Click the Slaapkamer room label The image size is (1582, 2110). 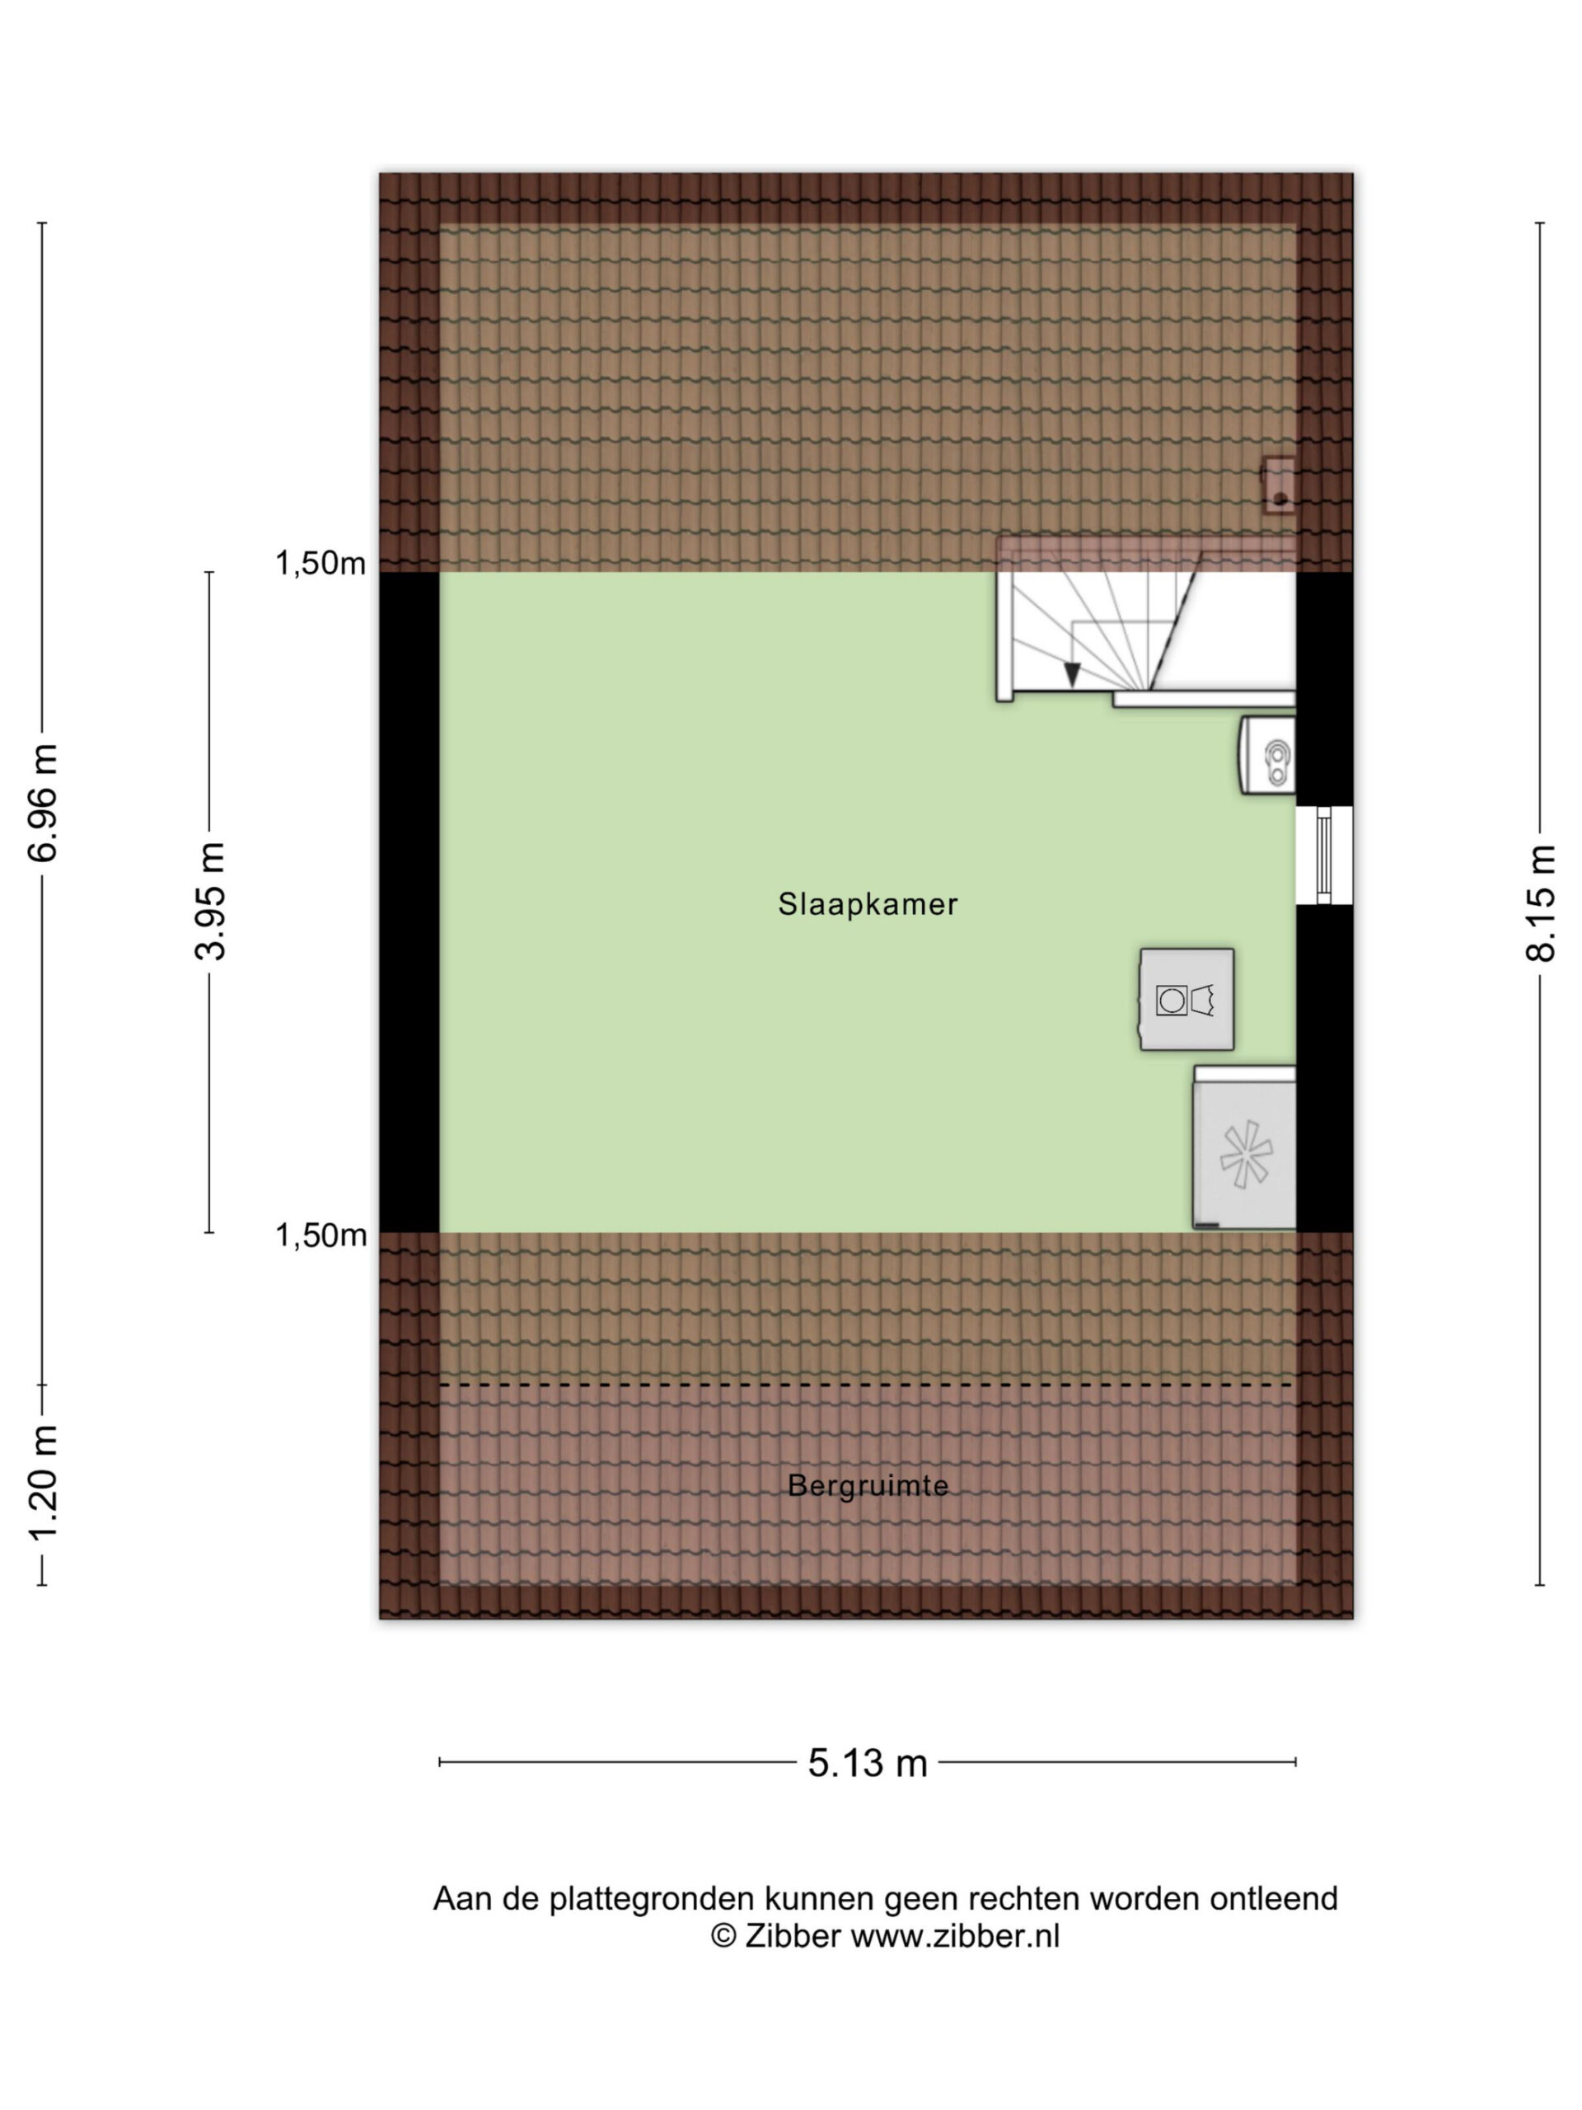(867, 903)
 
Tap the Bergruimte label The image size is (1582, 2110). (867, 1485)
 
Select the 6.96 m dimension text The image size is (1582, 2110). (43, 802)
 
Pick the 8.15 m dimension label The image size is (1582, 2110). (1540, 903)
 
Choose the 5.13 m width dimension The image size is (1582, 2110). (867, 1763)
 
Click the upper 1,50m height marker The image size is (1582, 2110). (321, 564)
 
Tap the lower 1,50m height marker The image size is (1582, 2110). (321, 1236)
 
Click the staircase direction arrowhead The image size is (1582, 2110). (1072, 674)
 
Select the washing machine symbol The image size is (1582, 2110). (1186, 999)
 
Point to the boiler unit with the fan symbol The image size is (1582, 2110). (1244, 1146)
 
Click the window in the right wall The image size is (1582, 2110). (1323, 855)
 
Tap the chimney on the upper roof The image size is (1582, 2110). (1278, 485)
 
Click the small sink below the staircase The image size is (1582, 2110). (1267, 756)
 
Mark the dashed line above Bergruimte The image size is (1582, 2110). (866, 1384)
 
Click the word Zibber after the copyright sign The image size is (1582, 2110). (793, 1935)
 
